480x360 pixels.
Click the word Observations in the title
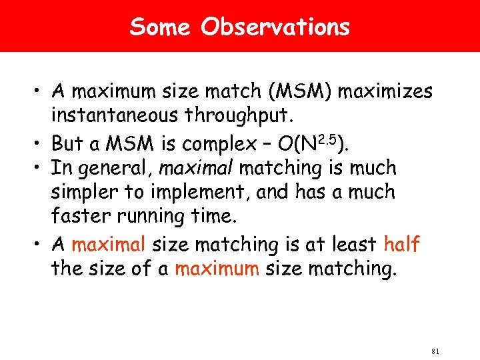(275, 27)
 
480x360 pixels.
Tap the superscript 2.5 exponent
(326, 137)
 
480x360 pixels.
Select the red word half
(401, 245)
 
